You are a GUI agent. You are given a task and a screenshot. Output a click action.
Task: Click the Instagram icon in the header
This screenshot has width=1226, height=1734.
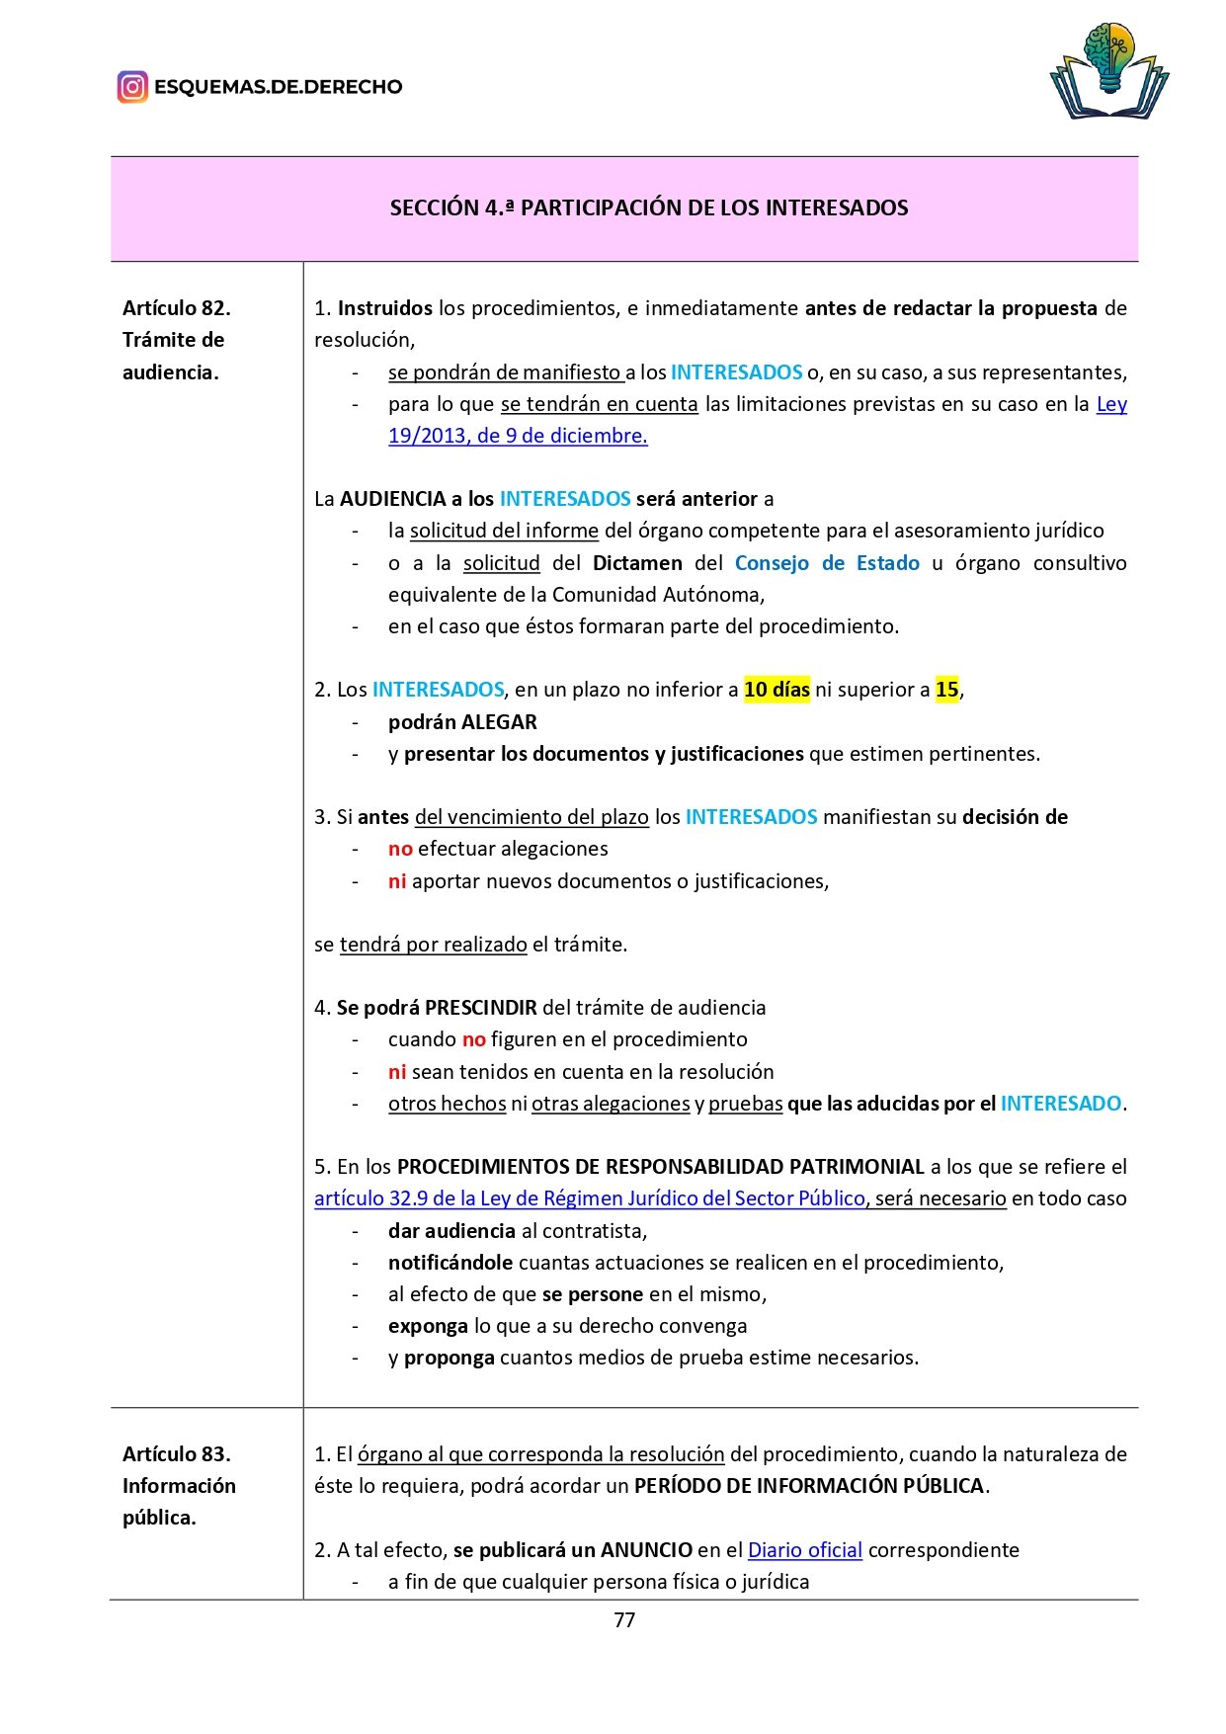(132, 87)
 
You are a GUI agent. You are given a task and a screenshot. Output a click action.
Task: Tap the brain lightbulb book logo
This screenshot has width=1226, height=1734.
(1109, 72)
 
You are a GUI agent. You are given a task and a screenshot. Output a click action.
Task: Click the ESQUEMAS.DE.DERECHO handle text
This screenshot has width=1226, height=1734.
(278, 87)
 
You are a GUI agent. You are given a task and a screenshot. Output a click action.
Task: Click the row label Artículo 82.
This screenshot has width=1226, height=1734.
(176, 308)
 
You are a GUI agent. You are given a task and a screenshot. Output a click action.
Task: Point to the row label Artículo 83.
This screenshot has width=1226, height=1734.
(176, 1454)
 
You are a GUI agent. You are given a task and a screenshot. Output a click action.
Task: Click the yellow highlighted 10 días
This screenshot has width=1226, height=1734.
(776, 690)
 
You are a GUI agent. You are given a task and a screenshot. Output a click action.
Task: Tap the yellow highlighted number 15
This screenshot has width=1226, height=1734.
(946, 690)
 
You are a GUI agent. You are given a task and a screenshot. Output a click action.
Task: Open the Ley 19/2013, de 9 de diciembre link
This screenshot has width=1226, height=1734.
(518, 436)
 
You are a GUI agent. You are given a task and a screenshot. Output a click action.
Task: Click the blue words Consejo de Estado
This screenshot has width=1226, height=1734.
(826, 563)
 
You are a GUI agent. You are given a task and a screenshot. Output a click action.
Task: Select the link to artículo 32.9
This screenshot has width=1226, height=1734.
(589, 1198)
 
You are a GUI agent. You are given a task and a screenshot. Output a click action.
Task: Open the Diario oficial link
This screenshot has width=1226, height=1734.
(804, 1550)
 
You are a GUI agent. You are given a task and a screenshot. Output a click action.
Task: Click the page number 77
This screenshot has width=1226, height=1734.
(624, 1620)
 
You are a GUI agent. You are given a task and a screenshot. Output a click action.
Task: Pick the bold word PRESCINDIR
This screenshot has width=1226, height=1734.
(480, 1008)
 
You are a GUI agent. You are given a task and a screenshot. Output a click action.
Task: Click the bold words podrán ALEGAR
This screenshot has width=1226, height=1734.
(462, 722)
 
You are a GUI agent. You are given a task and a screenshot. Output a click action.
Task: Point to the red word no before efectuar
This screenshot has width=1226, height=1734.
(400, 849)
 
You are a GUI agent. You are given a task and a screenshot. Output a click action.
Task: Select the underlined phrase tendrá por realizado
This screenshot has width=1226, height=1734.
(433, 945)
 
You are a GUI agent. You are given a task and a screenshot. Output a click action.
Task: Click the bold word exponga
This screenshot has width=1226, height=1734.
(428, 1326)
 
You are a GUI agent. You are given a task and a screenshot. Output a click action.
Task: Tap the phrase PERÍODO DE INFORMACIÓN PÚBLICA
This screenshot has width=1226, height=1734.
(809, 1486)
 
